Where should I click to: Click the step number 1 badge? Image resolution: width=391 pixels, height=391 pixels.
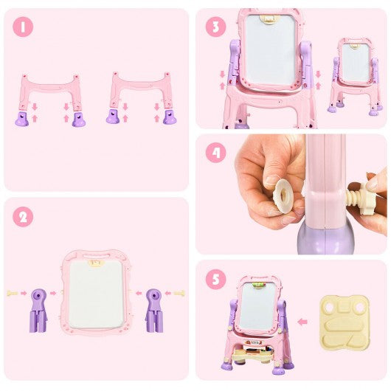click(x=23, y=27)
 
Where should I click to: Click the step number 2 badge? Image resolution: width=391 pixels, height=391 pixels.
click(x=23, y=217)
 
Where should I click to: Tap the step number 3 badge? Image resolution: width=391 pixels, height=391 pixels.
click(x=216, y=27)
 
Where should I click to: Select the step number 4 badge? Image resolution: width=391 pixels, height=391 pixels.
click(x=216, y=153)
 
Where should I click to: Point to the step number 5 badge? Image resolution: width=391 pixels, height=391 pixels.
click(x=216, y=279)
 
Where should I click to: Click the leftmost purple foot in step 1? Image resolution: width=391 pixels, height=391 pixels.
click(x=22, y=119)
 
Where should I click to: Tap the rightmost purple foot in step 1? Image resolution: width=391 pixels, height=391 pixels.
click(x=170, y=117)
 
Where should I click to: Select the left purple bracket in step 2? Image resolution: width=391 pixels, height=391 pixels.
click(x=38, y=311)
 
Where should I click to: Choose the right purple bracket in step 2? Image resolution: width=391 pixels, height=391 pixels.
click(x=154, y=311)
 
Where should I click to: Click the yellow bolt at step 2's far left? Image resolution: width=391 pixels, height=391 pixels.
click(x=13, y=294)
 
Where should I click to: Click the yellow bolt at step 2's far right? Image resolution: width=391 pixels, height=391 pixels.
click(x=179, y=294)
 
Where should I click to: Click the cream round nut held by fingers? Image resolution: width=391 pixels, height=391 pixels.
click(x=283, y=193)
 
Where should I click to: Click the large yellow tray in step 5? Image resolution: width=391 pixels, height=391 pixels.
click(x=345, y=323)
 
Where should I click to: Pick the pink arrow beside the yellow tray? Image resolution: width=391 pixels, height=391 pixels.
click(x=302, y=322)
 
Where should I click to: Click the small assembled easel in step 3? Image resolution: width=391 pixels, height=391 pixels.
click(x=355, y=76)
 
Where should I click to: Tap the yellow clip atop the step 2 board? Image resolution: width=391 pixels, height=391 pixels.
click(x=96, y=263)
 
